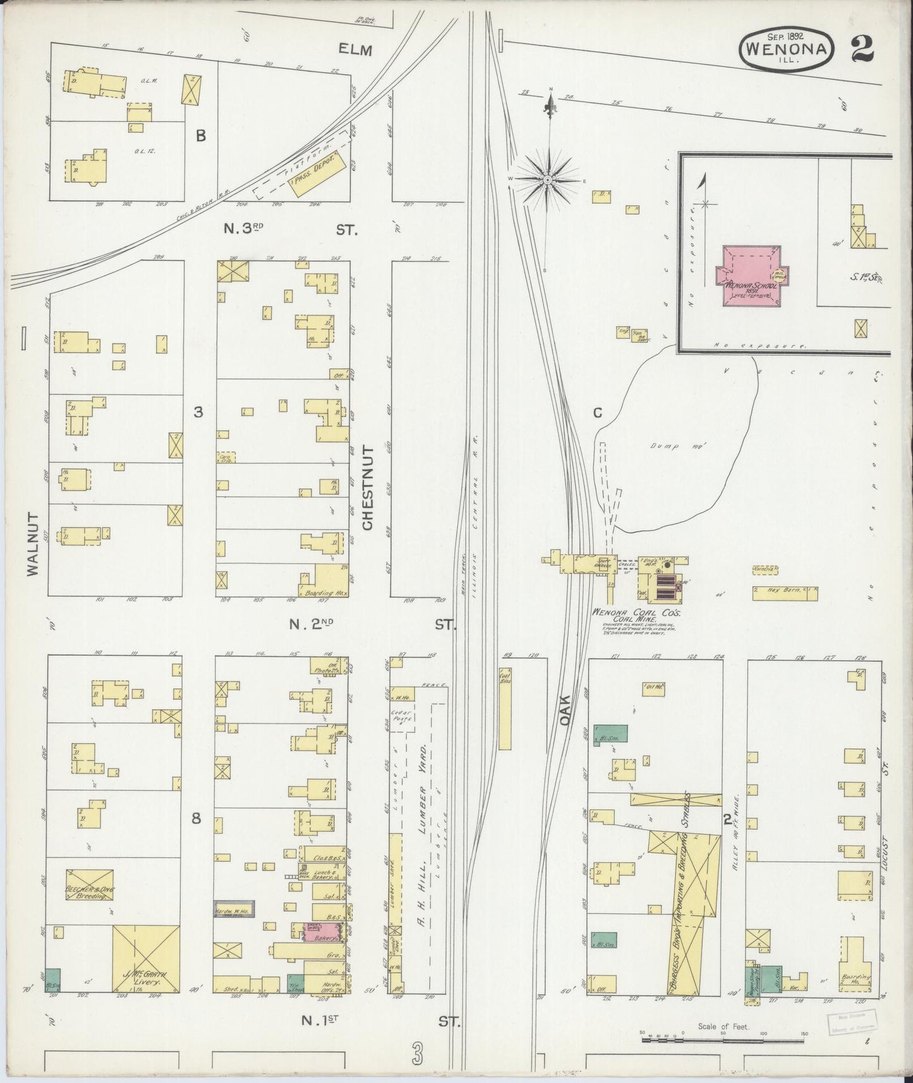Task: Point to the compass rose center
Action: coord(547,181)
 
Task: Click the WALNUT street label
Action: coord(33,543)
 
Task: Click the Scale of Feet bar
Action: coord(723,1036)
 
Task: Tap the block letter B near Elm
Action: coord(200,136)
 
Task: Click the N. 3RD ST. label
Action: coord(291,230)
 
